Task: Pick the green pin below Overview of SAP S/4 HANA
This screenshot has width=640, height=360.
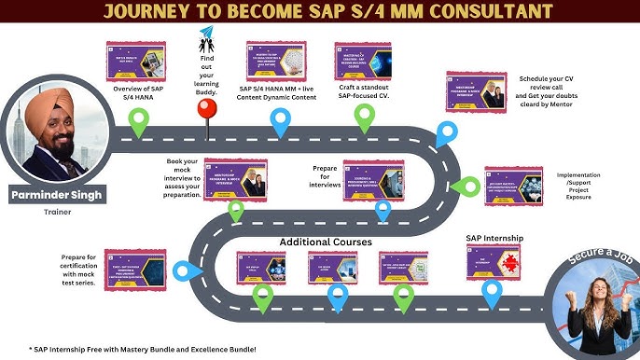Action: (139, 119)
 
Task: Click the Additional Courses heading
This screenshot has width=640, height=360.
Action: (327, 242)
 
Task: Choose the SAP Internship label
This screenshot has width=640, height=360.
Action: (494, 239)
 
